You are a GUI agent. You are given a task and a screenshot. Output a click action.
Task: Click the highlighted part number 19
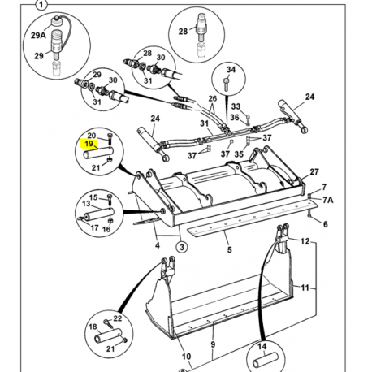pos(89,144)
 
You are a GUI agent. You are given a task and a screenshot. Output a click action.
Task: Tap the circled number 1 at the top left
pos(41,5)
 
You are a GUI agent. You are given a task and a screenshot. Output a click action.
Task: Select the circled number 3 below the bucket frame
pos(182,247)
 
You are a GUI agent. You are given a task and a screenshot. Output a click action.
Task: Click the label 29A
pos(38,35)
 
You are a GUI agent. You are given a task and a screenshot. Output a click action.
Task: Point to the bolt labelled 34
pos(227,84)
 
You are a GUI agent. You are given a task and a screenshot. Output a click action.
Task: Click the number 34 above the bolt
pos(231,70)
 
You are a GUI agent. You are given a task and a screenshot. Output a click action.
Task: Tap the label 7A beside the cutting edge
pos(327,200)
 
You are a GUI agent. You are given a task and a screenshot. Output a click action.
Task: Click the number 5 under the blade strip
pos(229,249)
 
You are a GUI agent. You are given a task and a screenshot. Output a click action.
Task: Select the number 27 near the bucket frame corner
pos(314,171)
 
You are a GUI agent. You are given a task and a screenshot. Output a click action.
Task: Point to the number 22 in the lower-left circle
pos(118,318)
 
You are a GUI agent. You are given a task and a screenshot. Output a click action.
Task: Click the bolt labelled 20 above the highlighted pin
pos(110,139)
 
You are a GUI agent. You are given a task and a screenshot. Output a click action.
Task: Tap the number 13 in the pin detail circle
pos(86,204)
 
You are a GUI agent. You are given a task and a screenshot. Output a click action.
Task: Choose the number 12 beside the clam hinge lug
pos(305,241)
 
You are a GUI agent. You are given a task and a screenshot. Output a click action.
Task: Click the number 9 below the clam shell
pos(213,344)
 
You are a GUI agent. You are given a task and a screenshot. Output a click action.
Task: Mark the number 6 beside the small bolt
pos(325,224)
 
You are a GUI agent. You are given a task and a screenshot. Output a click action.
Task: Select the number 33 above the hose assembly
pos(236,106)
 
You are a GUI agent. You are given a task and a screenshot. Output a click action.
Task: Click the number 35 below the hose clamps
pos(239,154)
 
